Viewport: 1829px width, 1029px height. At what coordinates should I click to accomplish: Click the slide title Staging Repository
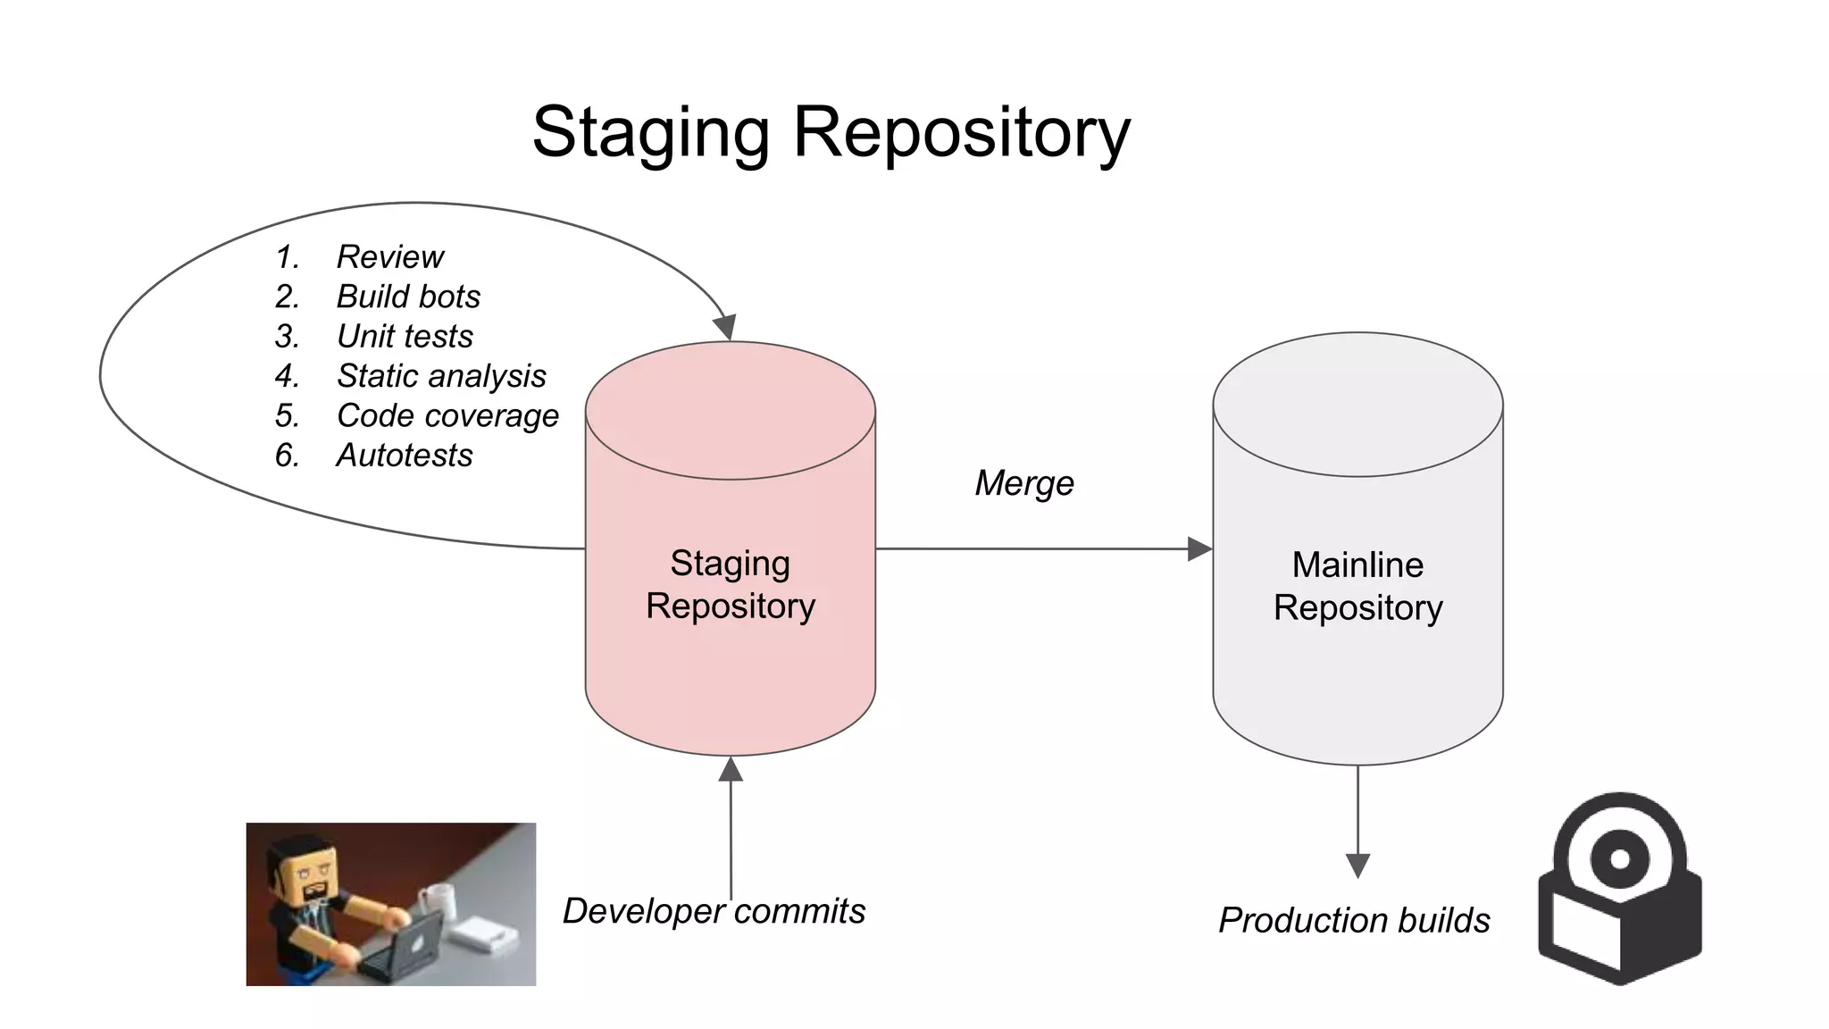coord(831,132)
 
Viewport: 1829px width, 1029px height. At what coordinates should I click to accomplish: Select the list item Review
coord(389,257)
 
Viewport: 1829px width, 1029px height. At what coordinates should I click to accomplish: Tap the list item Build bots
coord(408,297)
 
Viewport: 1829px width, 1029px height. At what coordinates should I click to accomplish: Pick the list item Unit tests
coord(405,337)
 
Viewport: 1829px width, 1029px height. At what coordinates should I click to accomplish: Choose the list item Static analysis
coord(441,376)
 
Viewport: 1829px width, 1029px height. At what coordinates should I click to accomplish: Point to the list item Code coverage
coord(447,416)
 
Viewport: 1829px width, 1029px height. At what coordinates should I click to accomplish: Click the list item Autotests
coord(405,456)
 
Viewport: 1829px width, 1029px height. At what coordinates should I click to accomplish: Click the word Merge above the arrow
coord(1023,483)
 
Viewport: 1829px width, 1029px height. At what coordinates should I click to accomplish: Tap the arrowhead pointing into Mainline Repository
coord(1199,548)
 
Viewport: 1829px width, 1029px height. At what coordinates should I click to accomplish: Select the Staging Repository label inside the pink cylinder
coord(731,584)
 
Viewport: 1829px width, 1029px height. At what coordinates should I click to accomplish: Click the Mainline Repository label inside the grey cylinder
coord(1357,586)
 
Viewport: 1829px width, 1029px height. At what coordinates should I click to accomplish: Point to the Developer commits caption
coord(714,911)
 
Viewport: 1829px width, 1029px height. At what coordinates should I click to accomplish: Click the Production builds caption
coord(1354,920)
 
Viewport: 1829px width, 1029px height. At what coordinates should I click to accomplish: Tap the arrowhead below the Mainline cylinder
coord(1357,865)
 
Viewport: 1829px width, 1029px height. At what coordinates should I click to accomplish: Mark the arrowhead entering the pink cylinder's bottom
coord(731,769)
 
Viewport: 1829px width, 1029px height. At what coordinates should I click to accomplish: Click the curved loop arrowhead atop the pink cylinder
coord(725,327)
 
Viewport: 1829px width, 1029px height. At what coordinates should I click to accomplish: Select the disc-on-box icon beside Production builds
coord(1619,889)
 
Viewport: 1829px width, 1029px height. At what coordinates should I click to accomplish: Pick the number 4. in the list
coord(287,376)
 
